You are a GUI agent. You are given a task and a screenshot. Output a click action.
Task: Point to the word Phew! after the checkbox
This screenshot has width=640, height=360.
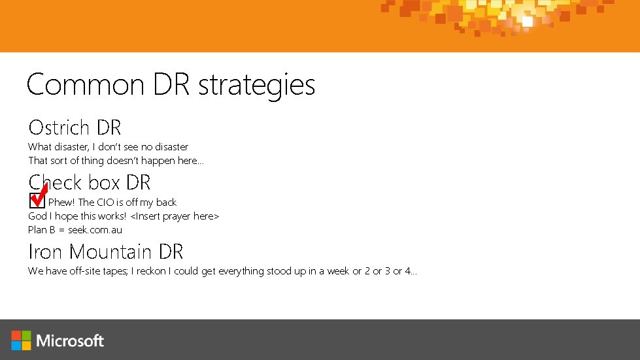pyautogui.click(x=62, y=203)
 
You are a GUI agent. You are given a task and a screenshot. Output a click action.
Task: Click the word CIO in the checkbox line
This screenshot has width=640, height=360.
pyautogui.click(x=105, y=203)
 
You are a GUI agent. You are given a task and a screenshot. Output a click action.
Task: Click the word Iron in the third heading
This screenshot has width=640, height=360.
pyautogui.click(x=46, y=252)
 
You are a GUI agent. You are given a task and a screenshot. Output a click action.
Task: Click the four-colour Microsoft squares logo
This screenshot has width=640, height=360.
pyautogui.click(x=21, y=340)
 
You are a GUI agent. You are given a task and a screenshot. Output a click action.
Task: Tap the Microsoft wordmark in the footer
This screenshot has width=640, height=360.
pyautogui.click(x=71, y=341)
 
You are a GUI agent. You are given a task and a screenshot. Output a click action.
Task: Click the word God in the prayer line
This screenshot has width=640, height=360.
pyautogui.click(x=37, y=216)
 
